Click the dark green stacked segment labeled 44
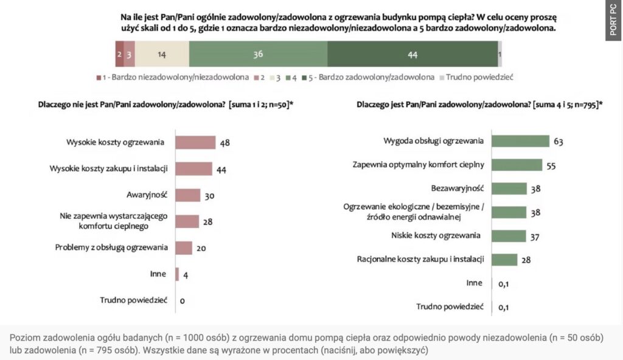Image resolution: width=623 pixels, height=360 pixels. (x=412, y=54)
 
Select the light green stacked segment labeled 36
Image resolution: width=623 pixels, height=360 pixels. (x=258, y=54)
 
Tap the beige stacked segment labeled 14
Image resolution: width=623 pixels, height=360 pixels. (x=162, y=54)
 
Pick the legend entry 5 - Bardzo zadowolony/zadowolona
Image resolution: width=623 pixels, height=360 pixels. (x=372, y=77)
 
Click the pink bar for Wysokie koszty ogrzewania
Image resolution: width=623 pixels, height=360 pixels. (x=195, y=142)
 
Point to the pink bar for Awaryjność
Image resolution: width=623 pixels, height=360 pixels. (x=187, y=195)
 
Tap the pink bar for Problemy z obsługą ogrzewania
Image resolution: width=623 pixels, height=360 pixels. (x=184, y=247)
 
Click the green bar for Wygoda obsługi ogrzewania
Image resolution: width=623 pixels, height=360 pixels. (x=520, y=141)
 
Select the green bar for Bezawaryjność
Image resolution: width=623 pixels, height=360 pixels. (x=509, y=189)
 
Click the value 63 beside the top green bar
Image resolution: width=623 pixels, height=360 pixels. (x=559, y=142)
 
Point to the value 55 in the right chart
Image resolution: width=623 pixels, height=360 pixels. (x=551, y=165)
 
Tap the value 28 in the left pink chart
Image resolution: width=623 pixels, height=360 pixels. (x=207, y=222)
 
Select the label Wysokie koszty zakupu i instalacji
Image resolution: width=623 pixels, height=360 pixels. (x=108, y=168)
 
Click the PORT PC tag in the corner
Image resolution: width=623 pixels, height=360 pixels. (x=613, y=21)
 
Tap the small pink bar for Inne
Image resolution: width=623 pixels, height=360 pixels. (x=177, y=274)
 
